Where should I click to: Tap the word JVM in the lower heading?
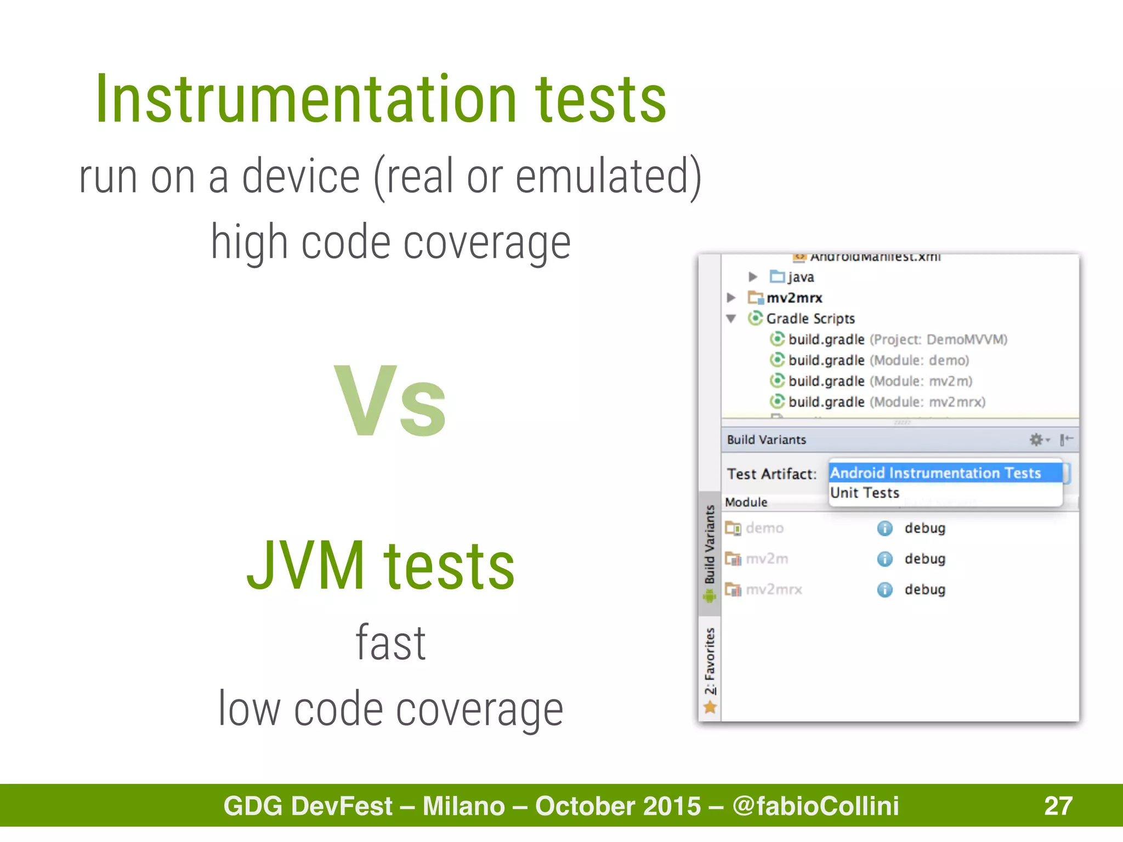click(x=306, y=566)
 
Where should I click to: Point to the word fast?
click(x=390, y=643)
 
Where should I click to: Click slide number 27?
click(x=1058, y=806)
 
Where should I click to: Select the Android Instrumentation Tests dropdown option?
click(x=935, y=473)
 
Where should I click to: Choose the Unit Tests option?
click(x=865, y=493)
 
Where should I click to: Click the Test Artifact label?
click(x=771, y=474)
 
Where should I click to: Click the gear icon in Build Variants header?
click(x=1036, y=440)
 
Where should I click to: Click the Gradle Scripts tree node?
click(x=810, y=318)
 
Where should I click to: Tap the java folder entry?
click(x=800, y=277)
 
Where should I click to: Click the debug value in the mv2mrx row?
click(x=925, y=589)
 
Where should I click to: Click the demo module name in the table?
click(x=764, y=528)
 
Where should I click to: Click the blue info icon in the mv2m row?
click(x=884, y=559)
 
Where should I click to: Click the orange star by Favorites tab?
click(x=710, y=708)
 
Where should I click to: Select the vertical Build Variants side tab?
click(x=710, y=545)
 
